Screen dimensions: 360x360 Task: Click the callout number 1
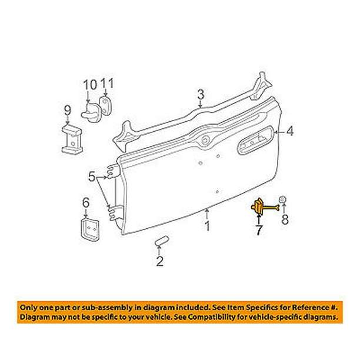pyautogui.click(x=206, y=226)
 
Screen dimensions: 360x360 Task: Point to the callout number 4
pyautogui.click(x=289, y=132)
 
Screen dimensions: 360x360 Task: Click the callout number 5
pyautogui.click(x=91, y=175)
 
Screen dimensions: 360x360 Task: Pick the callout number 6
pyautogui.click(x=85, y=202)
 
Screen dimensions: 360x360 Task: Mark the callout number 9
pyautogui.click(x=66, y=109)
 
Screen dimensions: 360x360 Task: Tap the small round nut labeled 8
pyautogui.click(x=282, y=201)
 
